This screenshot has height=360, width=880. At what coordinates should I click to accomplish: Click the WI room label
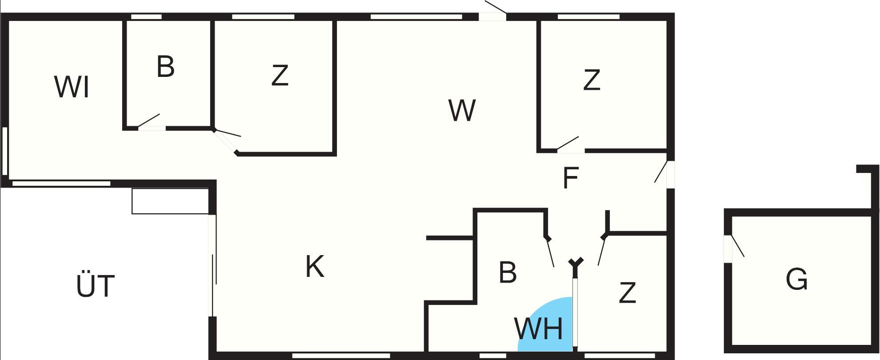click(x=72, y=87)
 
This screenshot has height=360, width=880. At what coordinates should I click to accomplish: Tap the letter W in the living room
click(x=462, y=110)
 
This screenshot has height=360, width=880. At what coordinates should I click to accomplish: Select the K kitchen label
click(x=315, y=267)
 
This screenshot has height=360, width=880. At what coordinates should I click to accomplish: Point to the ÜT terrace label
click(x=96, y=286)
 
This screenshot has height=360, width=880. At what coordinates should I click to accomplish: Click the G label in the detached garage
click(x=796, y=280)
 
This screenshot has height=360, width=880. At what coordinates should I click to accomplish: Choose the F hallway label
click(x=570, y=178)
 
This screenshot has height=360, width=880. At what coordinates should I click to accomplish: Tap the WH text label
click(x=538, y=329)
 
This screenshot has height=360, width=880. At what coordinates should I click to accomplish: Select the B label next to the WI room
click(x=165, y=67)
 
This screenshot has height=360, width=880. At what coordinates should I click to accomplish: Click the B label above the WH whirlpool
click(x=508, y=272)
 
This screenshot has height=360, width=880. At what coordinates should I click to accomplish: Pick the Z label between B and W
click(x=280, y=76)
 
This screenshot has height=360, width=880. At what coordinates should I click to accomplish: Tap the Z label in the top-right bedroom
click(x=592, y=80)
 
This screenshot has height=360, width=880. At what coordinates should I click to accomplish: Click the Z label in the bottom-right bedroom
click(x=627, y=293)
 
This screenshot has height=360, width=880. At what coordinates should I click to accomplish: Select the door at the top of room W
click(x=492, y=16)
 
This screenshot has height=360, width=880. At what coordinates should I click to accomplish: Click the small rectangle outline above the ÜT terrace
click(x=170, y=201)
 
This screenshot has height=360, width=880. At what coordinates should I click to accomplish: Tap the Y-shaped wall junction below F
click(x=576, y=263)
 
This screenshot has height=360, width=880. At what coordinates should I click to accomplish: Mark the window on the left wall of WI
click(x=5, y=151)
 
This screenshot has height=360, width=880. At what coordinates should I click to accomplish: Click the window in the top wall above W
click(x=416, y=17)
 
